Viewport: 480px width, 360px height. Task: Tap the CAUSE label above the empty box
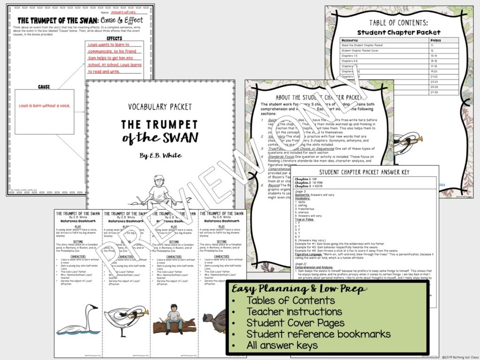[x=44, y=87]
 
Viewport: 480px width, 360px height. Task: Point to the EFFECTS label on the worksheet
[x=114, y=38]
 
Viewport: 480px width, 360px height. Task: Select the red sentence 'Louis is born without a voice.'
[x=45, y=106]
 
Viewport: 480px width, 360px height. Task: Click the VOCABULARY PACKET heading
[x=160, y=107]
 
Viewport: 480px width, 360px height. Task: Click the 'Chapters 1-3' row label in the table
[x=351, y=55]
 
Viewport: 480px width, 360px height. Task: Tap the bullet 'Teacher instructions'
[x=294, y=312]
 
